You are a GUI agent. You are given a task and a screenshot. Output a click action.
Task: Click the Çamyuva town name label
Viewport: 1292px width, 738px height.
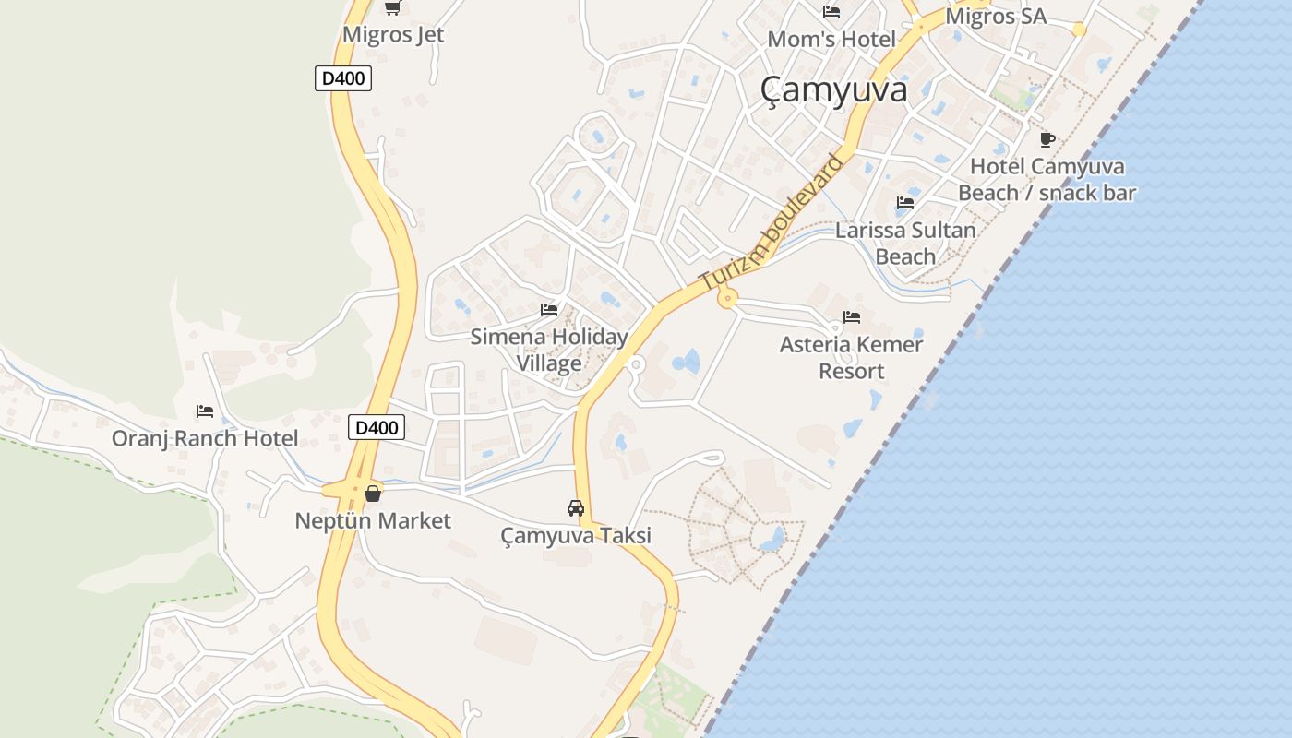[x=833, y=89]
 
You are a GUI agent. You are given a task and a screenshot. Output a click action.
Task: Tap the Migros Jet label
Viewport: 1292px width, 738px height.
[x=393, y=35]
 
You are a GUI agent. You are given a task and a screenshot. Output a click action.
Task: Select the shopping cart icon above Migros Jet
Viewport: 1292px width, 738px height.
[x=392, y=8]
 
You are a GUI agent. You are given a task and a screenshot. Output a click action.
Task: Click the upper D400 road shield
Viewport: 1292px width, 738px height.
[x=343, y=78]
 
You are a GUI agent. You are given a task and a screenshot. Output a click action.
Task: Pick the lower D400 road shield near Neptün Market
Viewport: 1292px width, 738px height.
[x=377, y=427]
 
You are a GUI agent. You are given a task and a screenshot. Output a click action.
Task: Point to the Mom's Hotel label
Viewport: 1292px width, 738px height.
[x=831, y=40]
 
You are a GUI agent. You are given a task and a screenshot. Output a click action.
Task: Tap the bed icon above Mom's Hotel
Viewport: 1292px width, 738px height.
[x=831, y=12]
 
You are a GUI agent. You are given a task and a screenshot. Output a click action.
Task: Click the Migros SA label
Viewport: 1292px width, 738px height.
[x=996, y=17]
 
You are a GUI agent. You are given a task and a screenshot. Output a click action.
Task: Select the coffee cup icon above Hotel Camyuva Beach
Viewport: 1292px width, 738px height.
[x=1047, y=139]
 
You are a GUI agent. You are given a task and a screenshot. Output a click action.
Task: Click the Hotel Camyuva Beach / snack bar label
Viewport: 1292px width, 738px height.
[x=1047, y=180]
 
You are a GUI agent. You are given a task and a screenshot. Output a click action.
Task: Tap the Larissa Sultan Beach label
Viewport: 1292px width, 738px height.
[x=905, y=244]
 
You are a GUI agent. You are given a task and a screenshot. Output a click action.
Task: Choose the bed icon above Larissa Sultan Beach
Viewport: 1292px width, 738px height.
[x=905, y=203]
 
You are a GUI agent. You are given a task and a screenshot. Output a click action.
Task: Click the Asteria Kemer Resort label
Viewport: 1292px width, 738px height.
[x=851, y=358]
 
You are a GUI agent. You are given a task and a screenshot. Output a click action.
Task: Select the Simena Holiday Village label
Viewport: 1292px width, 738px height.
[x=549, y=350]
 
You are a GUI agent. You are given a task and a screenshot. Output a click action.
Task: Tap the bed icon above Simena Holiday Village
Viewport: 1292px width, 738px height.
[x=549, y=310]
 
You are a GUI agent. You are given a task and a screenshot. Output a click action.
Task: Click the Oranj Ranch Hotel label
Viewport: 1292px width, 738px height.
[x=205, y=438]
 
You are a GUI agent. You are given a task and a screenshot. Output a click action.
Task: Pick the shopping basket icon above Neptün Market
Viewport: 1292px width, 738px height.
[x=373, y=494]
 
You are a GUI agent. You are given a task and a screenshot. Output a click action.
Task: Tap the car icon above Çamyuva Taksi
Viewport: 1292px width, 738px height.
[x=576, y=507]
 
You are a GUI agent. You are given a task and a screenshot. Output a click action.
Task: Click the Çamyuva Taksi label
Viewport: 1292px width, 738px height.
[x=576, y=535]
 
